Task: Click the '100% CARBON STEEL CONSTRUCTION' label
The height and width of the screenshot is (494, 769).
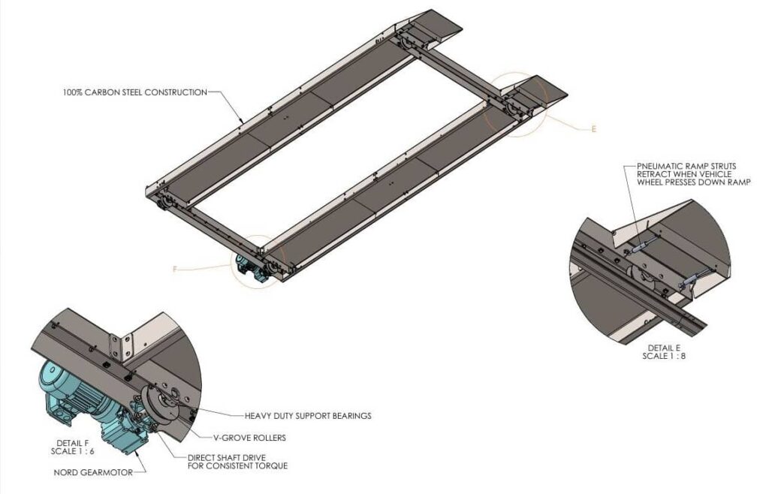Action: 134,92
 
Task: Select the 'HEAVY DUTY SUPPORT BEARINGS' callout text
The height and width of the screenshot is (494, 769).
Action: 308,415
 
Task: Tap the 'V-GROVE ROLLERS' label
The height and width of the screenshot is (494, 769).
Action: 260,436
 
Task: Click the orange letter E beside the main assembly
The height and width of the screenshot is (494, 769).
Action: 593,130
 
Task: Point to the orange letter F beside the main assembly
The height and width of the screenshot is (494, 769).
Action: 175,268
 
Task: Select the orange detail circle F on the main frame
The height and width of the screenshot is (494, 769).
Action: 260,261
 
